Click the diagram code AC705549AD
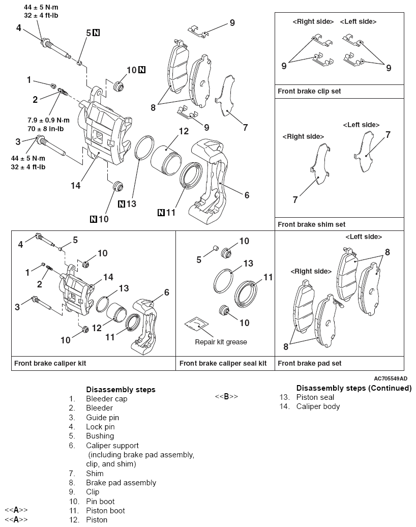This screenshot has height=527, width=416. tap(390, 378)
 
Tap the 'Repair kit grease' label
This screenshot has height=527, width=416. tap(221, 342)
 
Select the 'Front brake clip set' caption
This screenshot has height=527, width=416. tap(309, 92)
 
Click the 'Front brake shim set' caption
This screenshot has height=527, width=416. tap(310, 224)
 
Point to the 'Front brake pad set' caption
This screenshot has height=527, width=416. tap(309, 363)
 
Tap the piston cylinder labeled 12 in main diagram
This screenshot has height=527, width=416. tap(166, 157)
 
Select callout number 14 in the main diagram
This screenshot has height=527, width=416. tap(75, 186)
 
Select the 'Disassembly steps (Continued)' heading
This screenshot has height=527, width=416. tap(353, 388)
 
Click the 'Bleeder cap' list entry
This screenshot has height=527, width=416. tap(106, 399)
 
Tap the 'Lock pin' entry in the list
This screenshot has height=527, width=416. tap(100, 427)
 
